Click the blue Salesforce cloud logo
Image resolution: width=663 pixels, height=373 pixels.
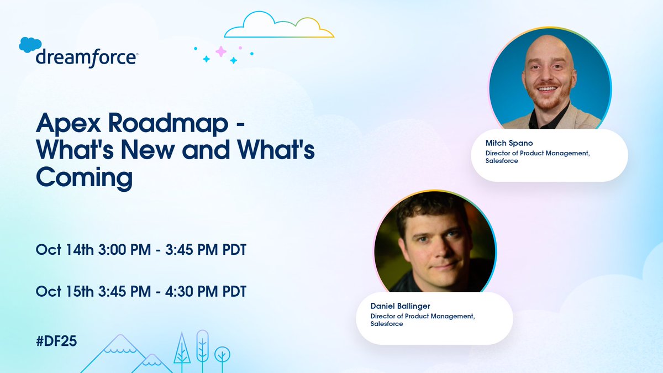pyautogui.click(x=30, y=45)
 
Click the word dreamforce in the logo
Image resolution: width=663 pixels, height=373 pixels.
pyautogui.click(x=87, y=57)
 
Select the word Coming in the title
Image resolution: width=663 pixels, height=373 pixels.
pyautogui.click(x=85, y=178)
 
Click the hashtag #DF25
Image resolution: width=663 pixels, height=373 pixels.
pyautogui.click(x=56, y=341)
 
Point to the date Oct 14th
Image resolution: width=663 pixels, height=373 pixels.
pyautogui.click(x=65, y=249)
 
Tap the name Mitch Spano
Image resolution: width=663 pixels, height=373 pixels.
pyautogui.click(x=509, y=143)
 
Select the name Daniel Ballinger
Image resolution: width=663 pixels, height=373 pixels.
pyautogui.click(x=400, y=306)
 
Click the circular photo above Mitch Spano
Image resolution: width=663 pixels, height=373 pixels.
pyautogui.click(x=550, y=78)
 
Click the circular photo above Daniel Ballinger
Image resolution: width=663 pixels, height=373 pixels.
pyautogui.click(x=435, y=241)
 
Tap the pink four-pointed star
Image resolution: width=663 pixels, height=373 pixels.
pyautogui.click(x=221, y=51)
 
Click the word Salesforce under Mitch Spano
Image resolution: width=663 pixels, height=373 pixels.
pyautogui.click(x=502, y=161)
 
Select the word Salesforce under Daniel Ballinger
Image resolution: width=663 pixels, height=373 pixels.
pyautogui.click(x=387, y=324)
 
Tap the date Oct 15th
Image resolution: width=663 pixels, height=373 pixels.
pyautogui.click(x=65, y=291)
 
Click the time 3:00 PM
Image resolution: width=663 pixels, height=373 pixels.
pyautogui.click(x=124, y=249)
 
